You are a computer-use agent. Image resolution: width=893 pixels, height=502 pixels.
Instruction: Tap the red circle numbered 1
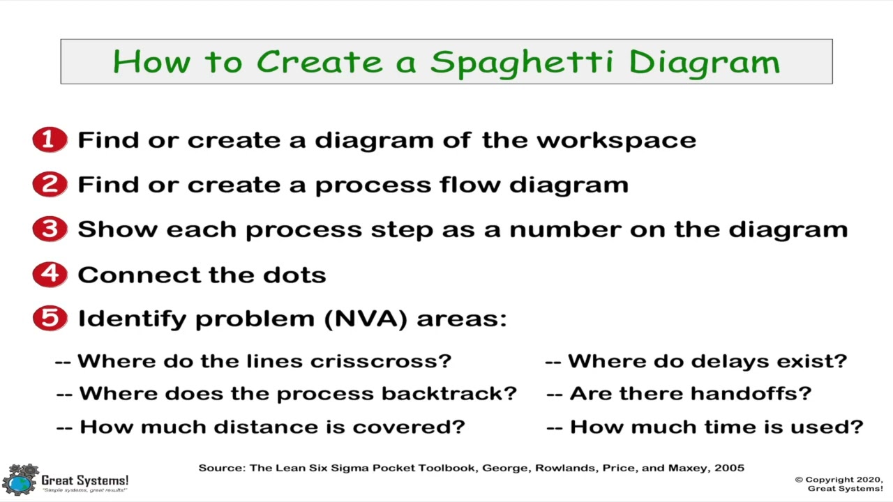(x=49, y=139)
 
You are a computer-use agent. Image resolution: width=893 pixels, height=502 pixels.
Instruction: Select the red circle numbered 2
(x=49, y=184)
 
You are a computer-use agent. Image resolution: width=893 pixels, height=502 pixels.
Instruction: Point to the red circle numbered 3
(x=49, y=229)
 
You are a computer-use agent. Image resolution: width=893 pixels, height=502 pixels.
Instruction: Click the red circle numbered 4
(x=49, y=274)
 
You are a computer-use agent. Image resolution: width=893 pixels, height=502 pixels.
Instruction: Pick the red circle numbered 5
(x=49, y=319)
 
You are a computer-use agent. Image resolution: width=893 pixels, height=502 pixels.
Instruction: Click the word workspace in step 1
(x=616, y=140)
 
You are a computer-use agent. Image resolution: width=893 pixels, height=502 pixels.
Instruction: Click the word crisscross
(x=381, y=361)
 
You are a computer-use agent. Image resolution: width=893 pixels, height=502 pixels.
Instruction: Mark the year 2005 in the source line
(x=730, y=468)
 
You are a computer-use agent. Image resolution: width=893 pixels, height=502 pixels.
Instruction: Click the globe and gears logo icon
(x=20, y=480)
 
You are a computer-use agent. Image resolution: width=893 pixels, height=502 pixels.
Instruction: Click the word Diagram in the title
(x=705, y=62)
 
